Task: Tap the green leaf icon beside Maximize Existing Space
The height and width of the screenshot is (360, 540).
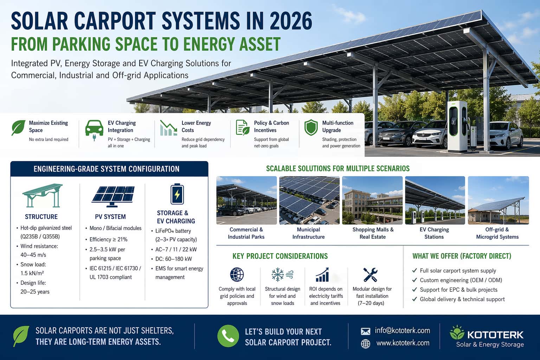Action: (x=18, y=128)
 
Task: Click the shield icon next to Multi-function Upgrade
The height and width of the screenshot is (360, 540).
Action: (x=311, y=127)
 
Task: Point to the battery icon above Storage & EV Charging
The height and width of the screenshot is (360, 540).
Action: (x=177, y=194)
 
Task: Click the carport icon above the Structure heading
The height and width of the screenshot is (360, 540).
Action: (x=42, y=195)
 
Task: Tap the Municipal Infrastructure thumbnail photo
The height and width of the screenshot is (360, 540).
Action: (x=309, y=200)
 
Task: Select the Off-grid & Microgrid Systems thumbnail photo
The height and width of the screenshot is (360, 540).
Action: (x=498, y=200)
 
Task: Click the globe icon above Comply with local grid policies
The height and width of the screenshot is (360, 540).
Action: (x=237, y=275)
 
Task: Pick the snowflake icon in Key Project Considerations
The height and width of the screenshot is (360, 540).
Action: (x=278, y=275)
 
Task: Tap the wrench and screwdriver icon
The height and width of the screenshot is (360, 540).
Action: (x=370, y=275)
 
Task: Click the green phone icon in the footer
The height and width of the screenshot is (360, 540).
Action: (x=228, y=336)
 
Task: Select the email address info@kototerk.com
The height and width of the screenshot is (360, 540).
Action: (x=402, y=330)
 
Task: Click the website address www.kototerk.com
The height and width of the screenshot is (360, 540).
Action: (x=403, y=343)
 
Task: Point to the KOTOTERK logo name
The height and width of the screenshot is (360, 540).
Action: (x=495, y=334)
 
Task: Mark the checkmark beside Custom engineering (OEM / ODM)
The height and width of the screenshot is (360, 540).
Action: (x=414, y=280)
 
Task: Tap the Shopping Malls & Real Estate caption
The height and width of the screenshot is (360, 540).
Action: (x=373, y=233)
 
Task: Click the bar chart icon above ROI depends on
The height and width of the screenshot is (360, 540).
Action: (x=322, y=275)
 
